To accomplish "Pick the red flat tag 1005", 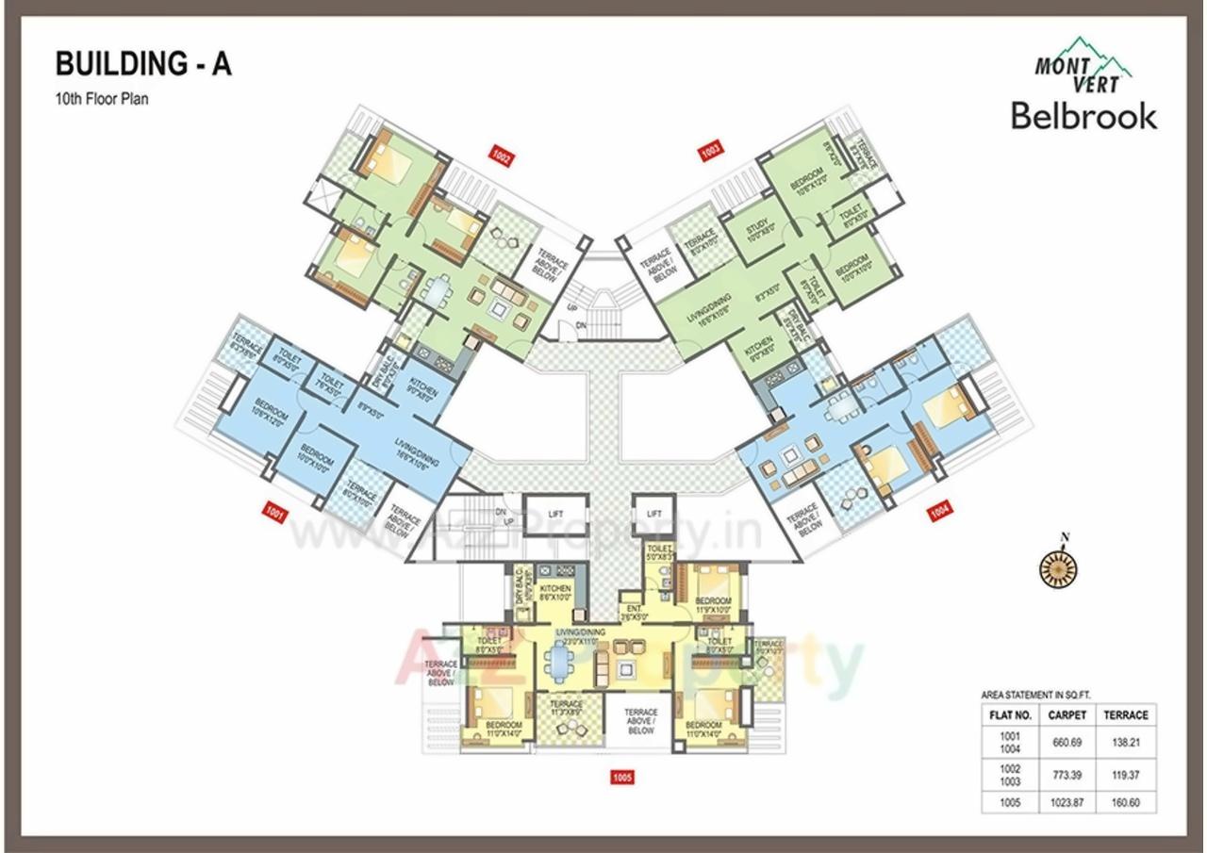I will click(x=621, y=778).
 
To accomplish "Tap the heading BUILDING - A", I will click(x=143, y=64).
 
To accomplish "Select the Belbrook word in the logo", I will click(x=1083, y=116).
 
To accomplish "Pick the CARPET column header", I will click(x=1067, y=714).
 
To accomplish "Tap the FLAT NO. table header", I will click(x=1011, y=714).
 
